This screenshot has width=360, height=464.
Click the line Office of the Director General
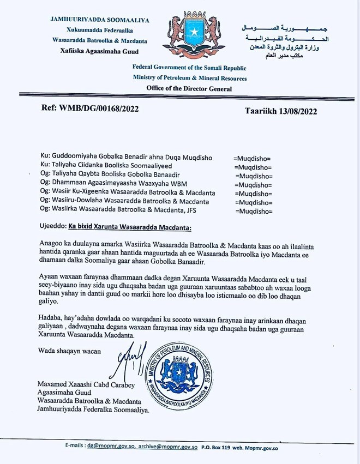click(x=189, y=88)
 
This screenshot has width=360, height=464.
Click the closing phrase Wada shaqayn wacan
click(x=70, y=351)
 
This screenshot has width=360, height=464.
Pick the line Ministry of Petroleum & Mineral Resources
click(x=189, y=78)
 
